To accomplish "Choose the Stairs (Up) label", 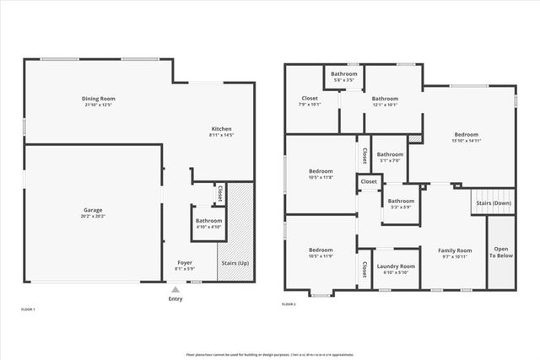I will click(x=235, y=263).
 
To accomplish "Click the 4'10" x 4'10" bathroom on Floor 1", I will click(x=203, y=223).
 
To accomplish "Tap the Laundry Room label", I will click(x=395, y=268).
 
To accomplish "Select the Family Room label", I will click(x=453, y=253).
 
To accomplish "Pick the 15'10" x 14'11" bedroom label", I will click(x=466, y=137).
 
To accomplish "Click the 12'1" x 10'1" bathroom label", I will click(x=386, y=101).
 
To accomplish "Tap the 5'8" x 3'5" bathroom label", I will click(x=343, y=77).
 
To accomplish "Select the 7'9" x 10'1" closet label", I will click(x=310, y=101).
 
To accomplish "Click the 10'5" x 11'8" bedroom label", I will click(x=321, y=175).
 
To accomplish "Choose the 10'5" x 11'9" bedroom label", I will click(x=321, y=253).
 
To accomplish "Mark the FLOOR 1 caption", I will click(x=28, y=310).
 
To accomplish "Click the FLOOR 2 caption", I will click(x=289, y=304).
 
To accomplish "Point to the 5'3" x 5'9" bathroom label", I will click(x=401, y=203).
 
